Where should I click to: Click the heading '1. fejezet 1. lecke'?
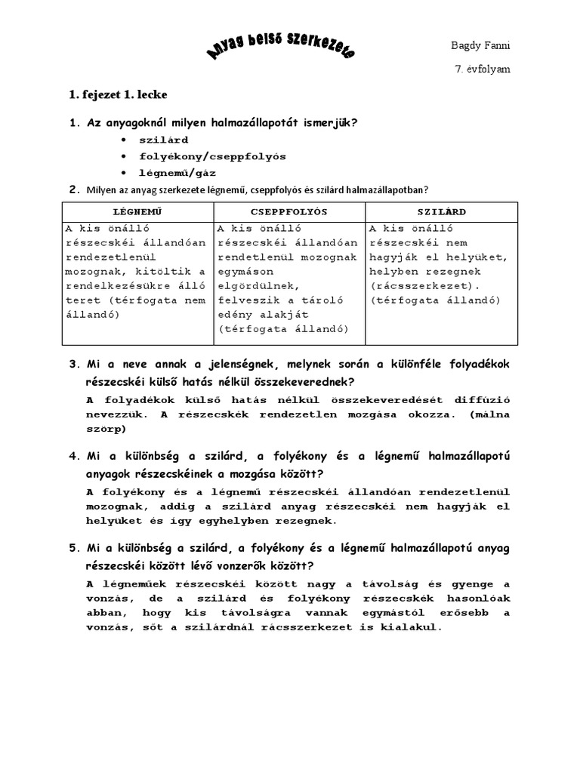tap(119, 95)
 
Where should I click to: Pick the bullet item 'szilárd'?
tap(164, 140)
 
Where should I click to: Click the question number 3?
tap(74, 365)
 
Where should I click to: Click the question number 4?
tap(74, 457)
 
